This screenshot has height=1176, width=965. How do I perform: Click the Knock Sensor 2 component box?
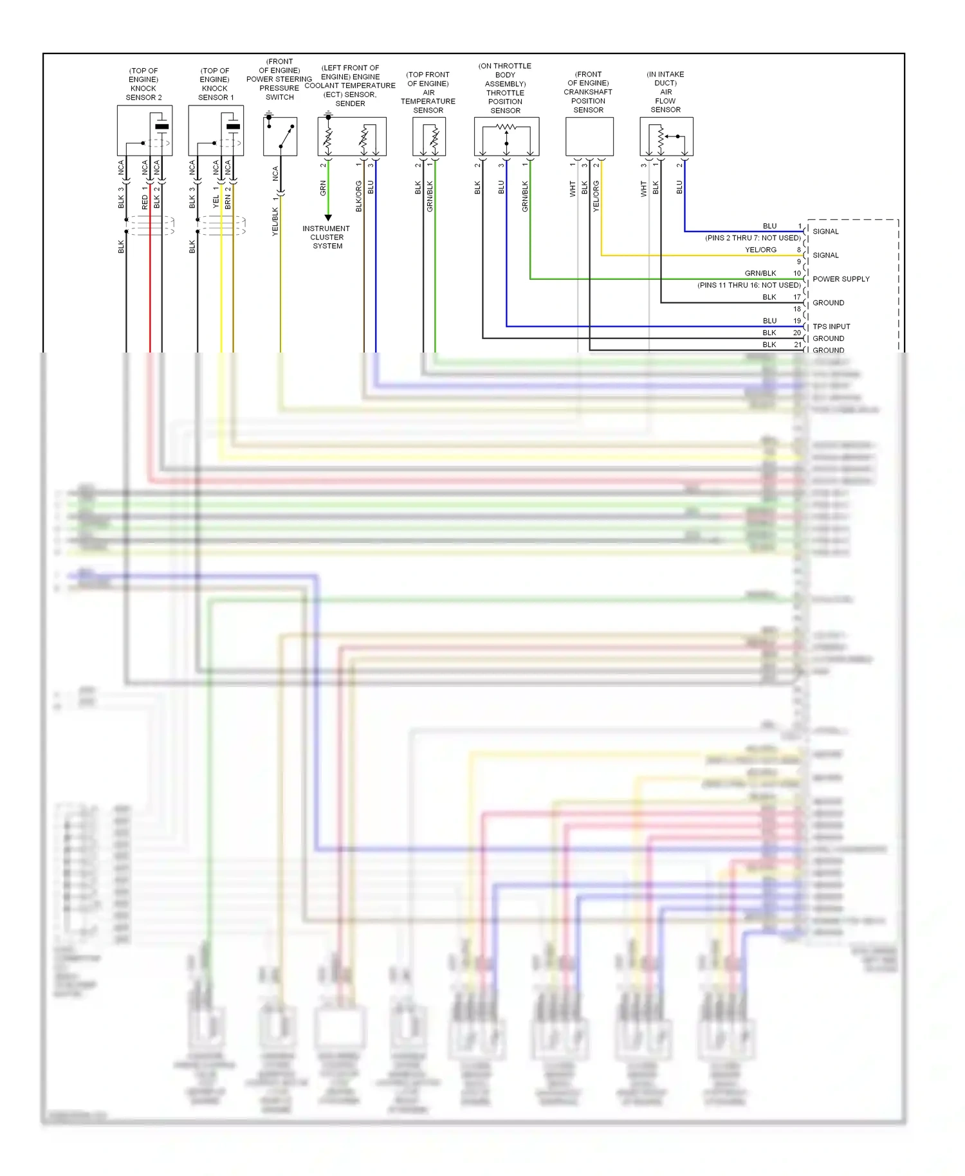[x=144, y=131]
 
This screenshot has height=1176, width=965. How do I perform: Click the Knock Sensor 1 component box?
[x=216, y=131]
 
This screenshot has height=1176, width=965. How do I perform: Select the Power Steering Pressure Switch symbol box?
[x=280, y=136]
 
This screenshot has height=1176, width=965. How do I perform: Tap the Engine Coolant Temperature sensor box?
[x=352, y=136]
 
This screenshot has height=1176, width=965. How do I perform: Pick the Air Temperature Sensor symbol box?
[x=429, y=136]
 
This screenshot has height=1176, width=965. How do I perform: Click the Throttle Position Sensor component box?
[x=506, y=136]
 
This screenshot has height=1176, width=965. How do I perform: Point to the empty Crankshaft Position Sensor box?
[x=589, y=136]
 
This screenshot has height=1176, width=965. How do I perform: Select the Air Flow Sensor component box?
[x=666, y=136]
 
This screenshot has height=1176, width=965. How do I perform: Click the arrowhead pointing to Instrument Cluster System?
[x=328, y=217]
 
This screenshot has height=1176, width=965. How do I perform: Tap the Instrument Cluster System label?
[x=327, y=237]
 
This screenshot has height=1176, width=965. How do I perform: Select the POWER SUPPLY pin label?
[x=841, y=279]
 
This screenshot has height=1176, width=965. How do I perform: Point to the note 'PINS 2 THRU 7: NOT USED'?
[x=753, y=238]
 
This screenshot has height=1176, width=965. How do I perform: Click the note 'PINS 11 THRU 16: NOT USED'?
[x=749, y=285]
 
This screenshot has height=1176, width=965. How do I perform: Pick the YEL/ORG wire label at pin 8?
[x=760, y=250]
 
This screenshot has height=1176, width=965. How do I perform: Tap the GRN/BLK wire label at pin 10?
[x=760, y=273]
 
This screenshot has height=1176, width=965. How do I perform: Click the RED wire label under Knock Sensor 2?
[x=145, y=203]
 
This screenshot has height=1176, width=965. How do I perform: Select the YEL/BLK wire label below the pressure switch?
[x=275, y=221]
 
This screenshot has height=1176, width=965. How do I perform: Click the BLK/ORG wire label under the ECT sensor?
[x=359, y=197]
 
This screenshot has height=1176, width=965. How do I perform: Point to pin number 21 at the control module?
[x=798, y=345]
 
